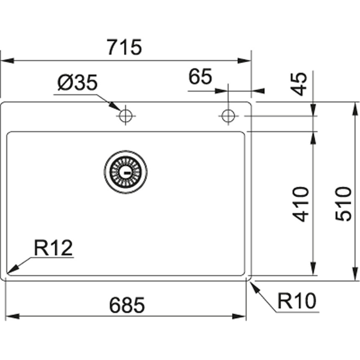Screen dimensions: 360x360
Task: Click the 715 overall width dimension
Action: coord(124,48)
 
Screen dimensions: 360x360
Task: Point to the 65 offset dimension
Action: coord(201,77)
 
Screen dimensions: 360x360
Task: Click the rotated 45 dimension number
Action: coord(300,83)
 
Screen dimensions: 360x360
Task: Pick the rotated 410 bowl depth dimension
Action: coord(300,204)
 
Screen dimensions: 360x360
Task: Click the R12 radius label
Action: coord(54,248)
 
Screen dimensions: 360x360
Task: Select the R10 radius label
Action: coord(298,301)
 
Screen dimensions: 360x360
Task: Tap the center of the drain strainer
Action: coord(126,172)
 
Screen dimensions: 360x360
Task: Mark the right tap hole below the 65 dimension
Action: coord(228,116)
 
